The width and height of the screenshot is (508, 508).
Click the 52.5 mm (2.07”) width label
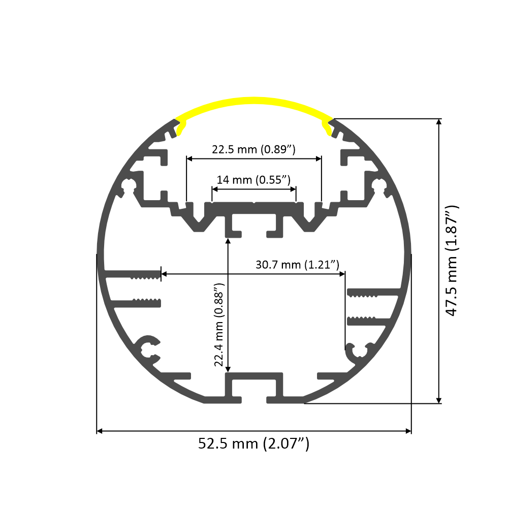click(253, 444)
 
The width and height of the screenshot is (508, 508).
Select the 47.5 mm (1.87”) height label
click(452, 261)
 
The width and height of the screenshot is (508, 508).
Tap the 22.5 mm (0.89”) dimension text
click(253, 150)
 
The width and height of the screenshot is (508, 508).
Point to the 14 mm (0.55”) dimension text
click(253, 180)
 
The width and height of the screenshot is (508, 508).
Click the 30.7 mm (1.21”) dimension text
click(297, 265)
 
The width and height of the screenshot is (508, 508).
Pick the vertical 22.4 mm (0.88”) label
click(219, 325)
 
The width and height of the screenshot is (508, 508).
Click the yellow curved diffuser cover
click(254, 103)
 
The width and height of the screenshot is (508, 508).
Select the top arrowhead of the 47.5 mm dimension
click(439, 122)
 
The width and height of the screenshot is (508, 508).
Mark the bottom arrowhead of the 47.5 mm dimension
click(439, 400)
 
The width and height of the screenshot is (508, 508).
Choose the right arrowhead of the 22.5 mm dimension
click(319, 158)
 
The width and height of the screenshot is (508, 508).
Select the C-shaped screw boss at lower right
click(359, 352)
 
